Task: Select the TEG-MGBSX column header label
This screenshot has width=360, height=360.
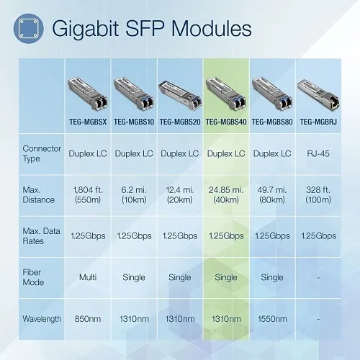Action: [87, 122]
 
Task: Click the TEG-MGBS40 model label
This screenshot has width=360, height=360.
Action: [225, 122]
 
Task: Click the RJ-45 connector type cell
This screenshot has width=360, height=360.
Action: [318, 153]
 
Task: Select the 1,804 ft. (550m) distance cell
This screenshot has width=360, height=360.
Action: [87, 194]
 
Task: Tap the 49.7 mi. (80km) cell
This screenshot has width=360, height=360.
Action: [271, 194]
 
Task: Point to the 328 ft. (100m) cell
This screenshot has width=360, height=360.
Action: [318, 194]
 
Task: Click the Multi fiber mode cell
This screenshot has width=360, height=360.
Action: [87, 277]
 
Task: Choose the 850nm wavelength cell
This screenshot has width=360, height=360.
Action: [87, 318]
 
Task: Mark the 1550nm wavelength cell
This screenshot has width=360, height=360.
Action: [271, 318]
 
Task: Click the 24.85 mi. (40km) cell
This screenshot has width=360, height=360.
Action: [225, 194]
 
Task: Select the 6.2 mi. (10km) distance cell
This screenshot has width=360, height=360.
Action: [133, 194]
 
